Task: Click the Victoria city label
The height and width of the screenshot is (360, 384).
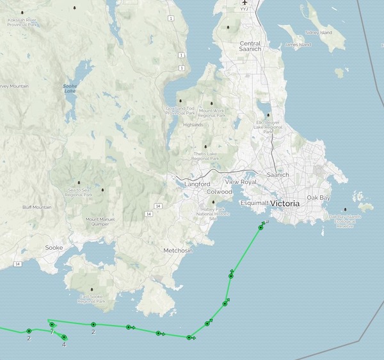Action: [x=284, y=203]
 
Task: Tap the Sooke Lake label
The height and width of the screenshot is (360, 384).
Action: [x=70, y=88]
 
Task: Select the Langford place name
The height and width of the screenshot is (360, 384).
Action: [x=196, y=184]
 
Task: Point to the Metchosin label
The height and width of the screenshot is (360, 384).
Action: [x=178, y=250]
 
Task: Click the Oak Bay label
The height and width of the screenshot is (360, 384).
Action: [x=318, y=198]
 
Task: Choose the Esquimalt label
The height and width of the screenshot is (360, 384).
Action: [x=254, y=203]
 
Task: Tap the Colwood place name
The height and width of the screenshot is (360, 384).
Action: [x=220, y=192]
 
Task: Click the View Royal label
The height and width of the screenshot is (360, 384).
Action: [x=241, y=183]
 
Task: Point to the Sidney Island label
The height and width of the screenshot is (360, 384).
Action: [x=320, y=32]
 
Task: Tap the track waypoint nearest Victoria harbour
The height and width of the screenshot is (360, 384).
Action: [x=261, y=227]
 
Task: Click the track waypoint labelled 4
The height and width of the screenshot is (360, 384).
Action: [x=64, y=337]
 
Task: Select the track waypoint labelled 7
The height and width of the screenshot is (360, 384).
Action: [x=52, y=325]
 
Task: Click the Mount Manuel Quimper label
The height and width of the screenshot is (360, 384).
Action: [x=101, y=222]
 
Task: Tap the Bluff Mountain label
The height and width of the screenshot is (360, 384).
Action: [x=36, y=207]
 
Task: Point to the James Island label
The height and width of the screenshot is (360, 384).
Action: [x=298, y=45]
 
